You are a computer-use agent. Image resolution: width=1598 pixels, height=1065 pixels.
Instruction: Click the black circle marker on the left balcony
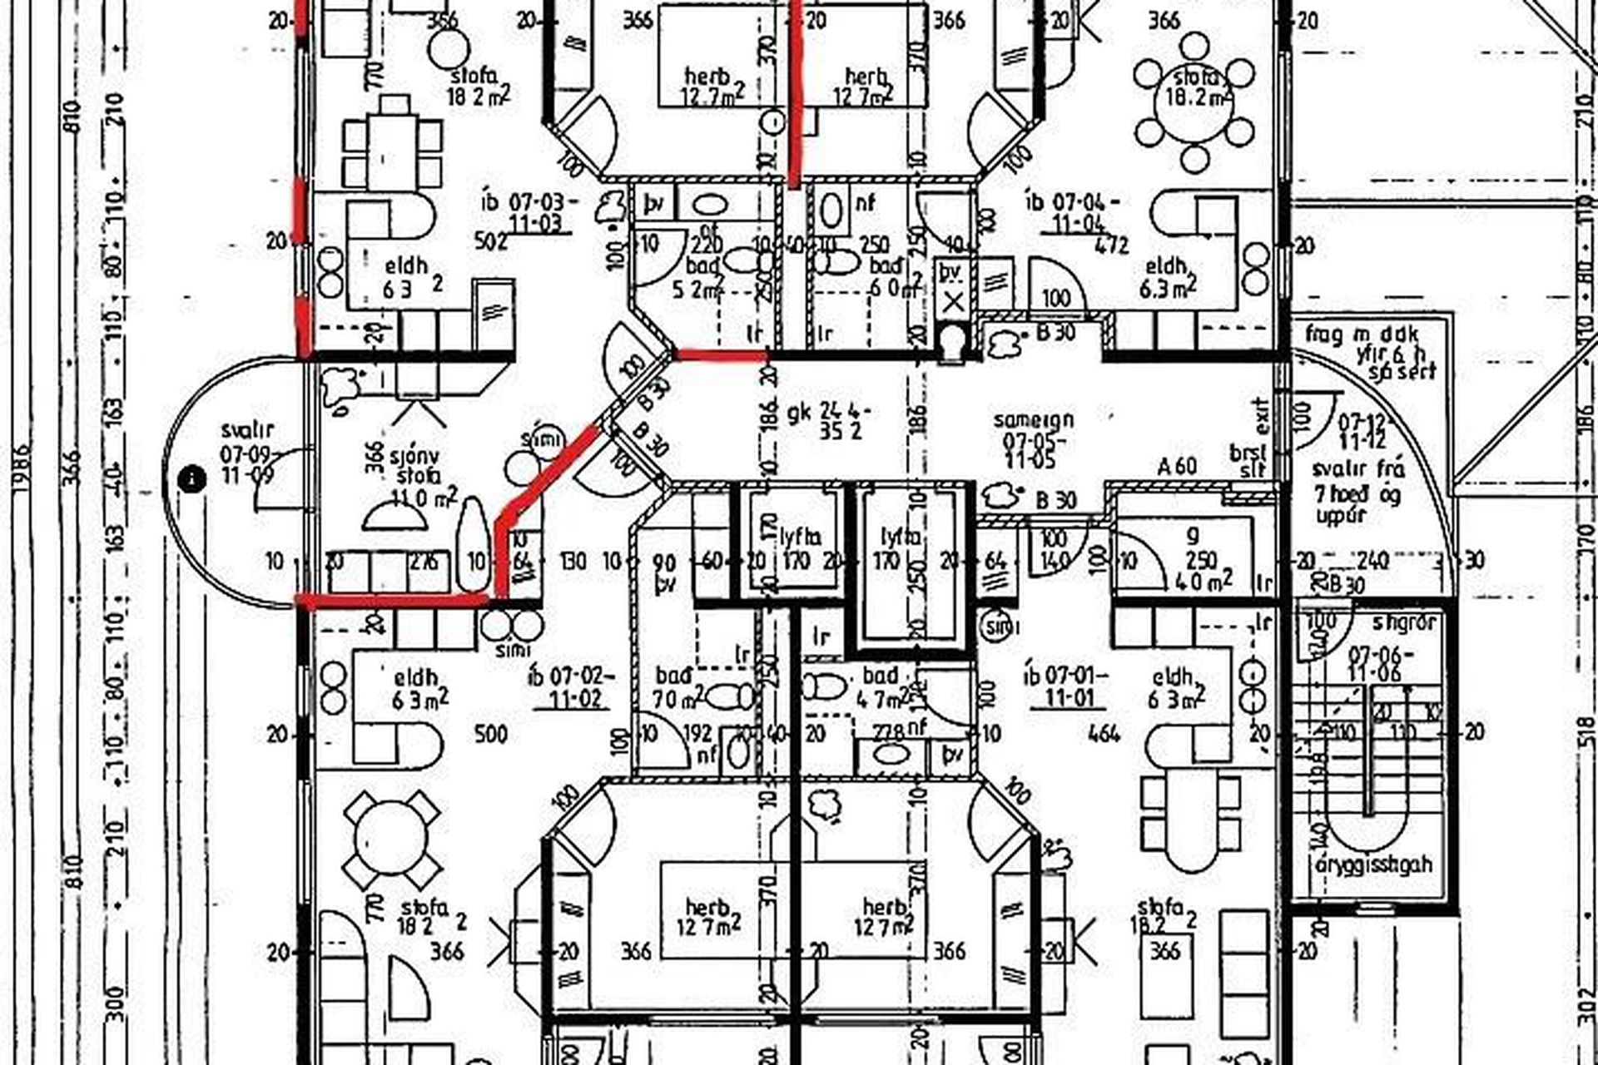point(194,478)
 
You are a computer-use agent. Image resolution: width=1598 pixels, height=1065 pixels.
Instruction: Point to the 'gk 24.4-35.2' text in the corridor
point(829,421)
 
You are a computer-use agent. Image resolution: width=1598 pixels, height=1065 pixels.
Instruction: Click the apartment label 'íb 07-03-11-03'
point(528,212)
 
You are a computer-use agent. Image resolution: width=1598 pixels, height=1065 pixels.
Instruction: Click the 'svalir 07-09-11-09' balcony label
point(247,453)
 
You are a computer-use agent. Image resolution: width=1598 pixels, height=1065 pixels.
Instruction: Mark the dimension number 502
point(490,240)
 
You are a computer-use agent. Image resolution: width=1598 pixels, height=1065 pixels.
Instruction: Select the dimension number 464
point(1104,733)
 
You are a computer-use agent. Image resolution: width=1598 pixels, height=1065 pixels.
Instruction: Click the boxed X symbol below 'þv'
point(954,302)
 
